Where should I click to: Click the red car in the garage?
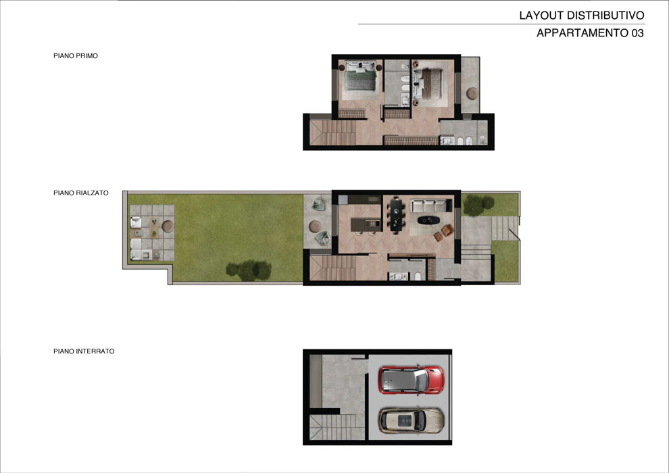(x=412, y=380)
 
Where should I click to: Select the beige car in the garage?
(x=412, y=421)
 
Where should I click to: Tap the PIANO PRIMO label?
(x=76, y=56)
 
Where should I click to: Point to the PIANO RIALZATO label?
(x=81, y=193)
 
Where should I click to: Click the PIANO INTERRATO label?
(x=84, y=351)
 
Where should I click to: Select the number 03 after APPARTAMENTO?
(x=637, y=33)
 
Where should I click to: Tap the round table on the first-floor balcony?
(x=472, y=93)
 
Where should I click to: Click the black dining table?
(x=397, y=216)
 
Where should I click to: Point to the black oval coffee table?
(x=429, y=220)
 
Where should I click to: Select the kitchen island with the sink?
(x=366, y=224)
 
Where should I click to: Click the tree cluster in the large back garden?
(x=249, y=270)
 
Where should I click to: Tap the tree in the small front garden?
(x=478, y=205)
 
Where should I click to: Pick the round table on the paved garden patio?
(x=168, y=226)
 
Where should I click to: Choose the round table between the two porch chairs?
(x=316, y=226)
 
